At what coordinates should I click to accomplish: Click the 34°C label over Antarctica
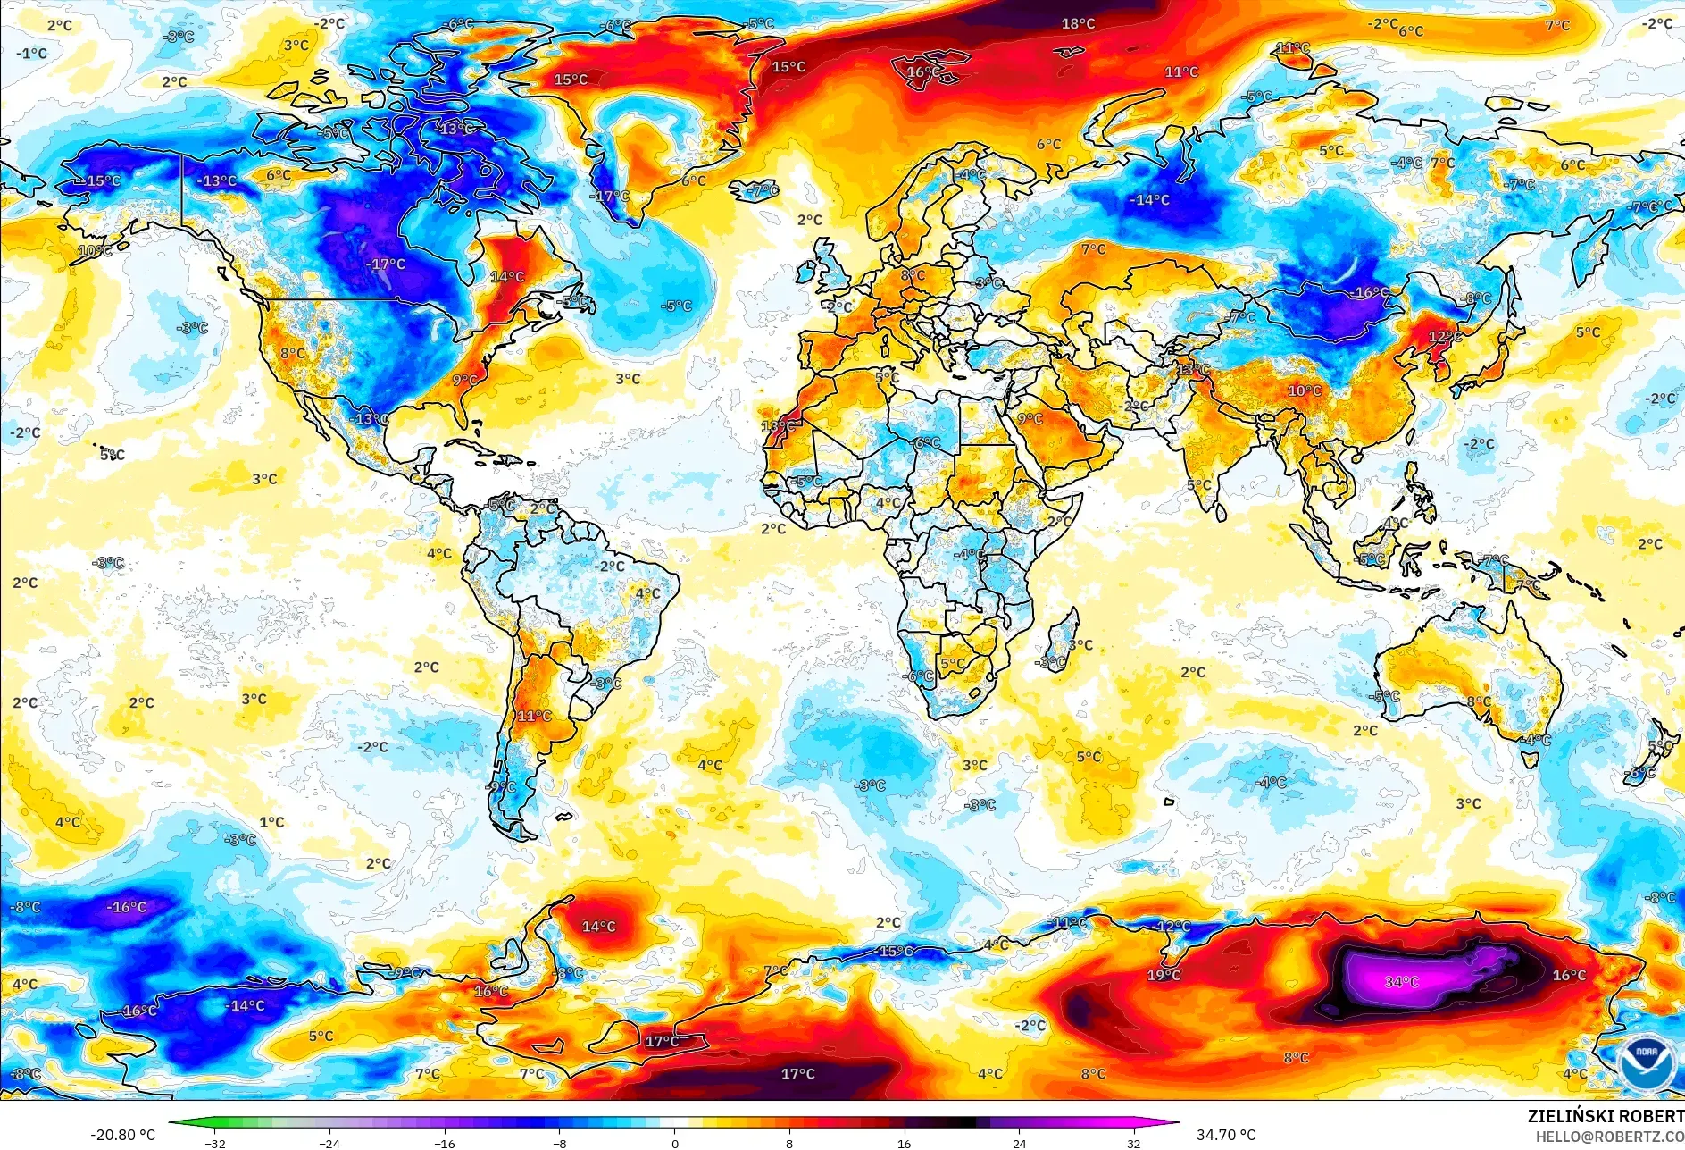click(1401, 982)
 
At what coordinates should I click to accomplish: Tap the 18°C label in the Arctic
click(1078, 24)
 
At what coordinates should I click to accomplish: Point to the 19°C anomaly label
click(1164, 975)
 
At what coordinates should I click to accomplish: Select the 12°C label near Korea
click(1445, 337)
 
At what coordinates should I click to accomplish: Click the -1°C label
click(31, 54)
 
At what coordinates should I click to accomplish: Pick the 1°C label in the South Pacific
click(271, 822)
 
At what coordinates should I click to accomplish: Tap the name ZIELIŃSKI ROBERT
click(1606, 1116)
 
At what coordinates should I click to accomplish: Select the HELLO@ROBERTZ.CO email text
click(1609, 1137)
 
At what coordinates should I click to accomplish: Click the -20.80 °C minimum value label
click(122, 1135)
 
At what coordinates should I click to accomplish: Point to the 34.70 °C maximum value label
click(1226, 1135)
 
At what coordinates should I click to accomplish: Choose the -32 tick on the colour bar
click(215, 1143)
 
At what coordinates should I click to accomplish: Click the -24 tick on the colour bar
click(330, 1143)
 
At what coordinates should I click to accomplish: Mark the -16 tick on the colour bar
click(445, 1143)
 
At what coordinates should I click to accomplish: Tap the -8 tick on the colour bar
click(560, 1143)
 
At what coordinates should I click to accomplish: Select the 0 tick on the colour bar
click(674, 1143)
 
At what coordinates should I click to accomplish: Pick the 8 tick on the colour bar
click(789, 1143)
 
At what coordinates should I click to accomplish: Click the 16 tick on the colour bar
click(904, 1143)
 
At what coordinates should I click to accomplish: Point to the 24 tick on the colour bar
click(1019, 1143)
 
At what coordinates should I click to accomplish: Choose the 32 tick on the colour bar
click(1133, 1143)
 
